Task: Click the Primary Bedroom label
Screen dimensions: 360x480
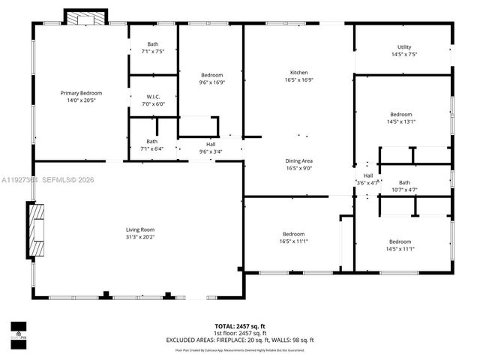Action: [80, 93]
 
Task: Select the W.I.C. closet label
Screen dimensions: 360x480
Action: [153, 97]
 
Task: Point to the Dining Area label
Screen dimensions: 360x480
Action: [298, 161]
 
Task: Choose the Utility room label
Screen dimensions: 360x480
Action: [403, 47]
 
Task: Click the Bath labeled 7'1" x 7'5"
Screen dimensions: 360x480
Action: [153, 44]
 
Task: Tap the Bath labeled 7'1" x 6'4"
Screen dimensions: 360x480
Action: [152, 142]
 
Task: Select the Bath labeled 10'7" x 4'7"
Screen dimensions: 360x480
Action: [404, 183]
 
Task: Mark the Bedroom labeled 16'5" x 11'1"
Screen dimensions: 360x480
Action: [293, 234]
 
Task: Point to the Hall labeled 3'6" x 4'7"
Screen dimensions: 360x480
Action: [367, 178]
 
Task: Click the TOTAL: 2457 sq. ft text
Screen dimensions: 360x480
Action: [240, 326]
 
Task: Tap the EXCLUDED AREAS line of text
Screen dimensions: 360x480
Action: [240, 340]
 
